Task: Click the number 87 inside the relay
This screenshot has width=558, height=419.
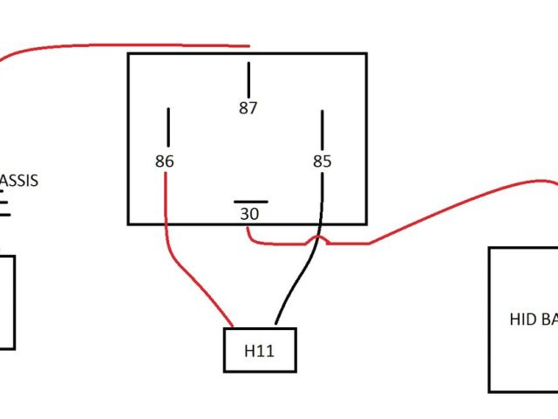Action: click(248, 108)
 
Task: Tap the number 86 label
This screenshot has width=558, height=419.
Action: click(164, 161)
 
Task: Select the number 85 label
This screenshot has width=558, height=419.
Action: click(323, 161)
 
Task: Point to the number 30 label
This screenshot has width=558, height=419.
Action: click(248, 213)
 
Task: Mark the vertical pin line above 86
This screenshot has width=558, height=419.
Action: click(168, 127)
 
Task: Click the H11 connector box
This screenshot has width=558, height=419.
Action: click(260, 350)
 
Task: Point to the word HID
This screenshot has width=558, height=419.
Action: click(521, 319)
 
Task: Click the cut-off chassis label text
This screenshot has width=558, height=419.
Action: click(19, 182)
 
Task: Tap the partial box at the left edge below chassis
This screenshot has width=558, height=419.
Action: click(7, 302)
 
